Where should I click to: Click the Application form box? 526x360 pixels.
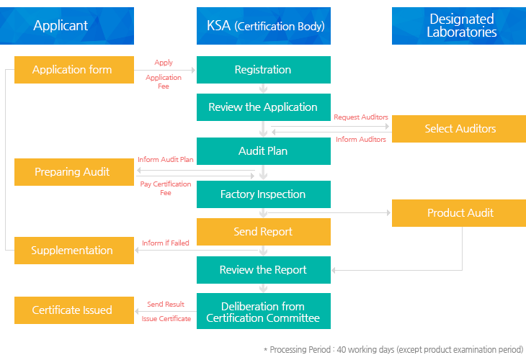74,70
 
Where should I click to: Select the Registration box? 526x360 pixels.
263,70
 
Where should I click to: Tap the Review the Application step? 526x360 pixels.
263,107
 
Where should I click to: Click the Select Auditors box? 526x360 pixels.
459,129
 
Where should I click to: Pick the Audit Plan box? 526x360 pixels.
263,150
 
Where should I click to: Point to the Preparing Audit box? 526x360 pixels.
74,172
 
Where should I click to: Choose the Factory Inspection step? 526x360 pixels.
263,194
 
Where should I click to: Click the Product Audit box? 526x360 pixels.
459,213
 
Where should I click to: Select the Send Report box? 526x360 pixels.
263,232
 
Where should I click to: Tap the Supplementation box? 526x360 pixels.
74,251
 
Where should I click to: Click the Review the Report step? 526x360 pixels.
263,270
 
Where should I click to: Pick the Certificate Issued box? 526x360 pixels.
74,310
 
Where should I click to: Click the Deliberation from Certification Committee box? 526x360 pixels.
263,311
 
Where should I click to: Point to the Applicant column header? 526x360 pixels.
67,26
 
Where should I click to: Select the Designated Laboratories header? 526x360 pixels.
459,26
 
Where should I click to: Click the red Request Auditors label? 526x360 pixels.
360,117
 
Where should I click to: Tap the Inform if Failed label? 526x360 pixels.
166,243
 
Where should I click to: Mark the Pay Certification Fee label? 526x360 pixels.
166,189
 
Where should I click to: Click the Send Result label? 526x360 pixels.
166,304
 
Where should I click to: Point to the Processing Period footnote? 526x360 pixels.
393,350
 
